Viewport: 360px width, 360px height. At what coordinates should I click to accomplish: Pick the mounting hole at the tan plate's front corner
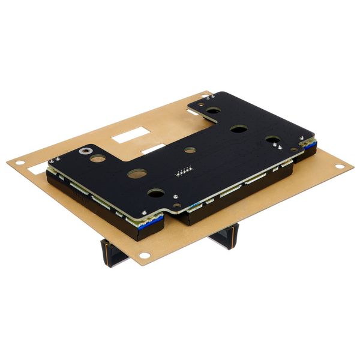pyautogui.click(x=145, y=256)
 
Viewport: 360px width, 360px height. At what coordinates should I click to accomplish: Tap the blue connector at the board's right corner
pyautogui.click(x=308, y=147)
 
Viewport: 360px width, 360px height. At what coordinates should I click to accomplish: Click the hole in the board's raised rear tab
pyautogui.click(x=212, y=110)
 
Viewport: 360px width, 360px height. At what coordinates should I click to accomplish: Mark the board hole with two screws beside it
pyautogui.click(x=273, y=141)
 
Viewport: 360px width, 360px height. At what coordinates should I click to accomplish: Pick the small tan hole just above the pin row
pyautogui.click(x=190, y=150)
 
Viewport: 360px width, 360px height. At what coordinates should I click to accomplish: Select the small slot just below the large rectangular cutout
pyautogui.click(x=154, y=148)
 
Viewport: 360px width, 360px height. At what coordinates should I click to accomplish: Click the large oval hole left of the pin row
pyautogui.click(x=137, y=174)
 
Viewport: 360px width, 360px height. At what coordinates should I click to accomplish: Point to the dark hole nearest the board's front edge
pyautogui.click(x=155, y=193)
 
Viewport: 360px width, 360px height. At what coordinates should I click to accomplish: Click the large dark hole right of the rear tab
pyautogui.click(x=238, y=129)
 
